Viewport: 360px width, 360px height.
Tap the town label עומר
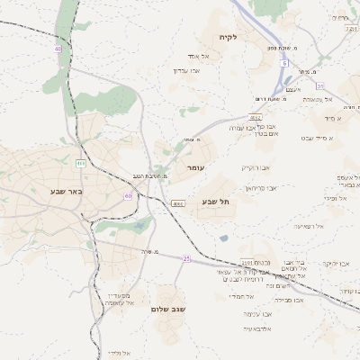(196, 168)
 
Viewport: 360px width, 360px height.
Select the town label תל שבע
(215, 202)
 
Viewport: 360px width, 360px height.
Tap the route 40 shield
(58, 49)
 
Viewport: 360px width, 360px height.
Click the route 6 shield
(283, 64)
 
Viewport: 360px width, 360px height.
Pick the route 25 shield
(186, 258)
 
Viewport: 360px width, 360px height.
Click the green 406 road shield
(80, 163)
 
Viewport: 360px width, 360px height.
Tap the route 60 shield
(129, 195)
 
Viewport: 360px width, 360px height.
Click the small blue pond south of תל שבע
(223, 238)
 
